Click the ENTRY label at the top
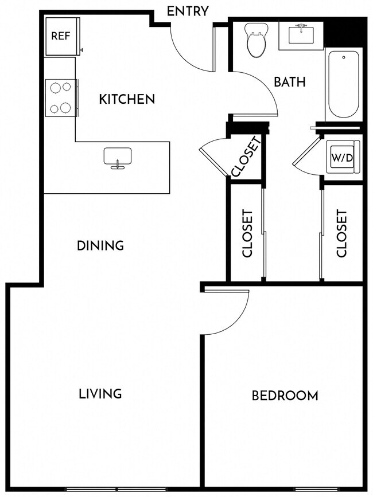(187, 11)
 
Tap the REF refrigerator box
(61, 36)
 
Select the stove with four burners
(61, 97)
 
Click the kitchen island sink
(118, 157)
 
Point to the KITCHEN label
(127, 99)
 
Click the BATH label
(289, 82)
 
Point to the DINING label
(100, 246)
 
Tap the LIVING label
(100, 394)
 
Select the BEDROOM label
(285, 396)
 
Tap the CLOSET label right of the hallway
(342, 233)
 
